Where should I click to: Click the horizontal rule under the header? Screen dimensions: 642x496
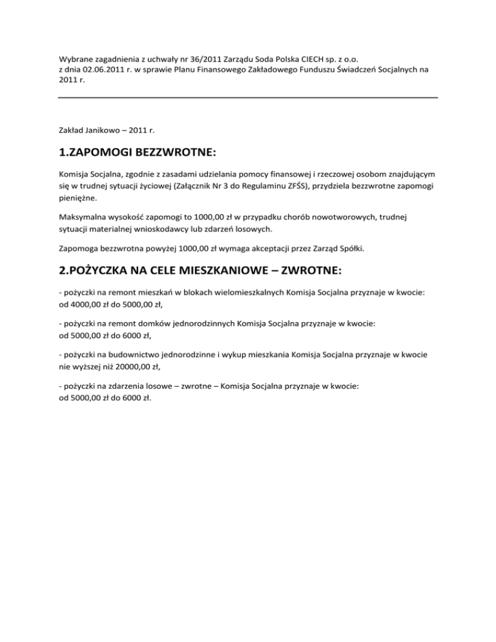click(248, 98)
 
